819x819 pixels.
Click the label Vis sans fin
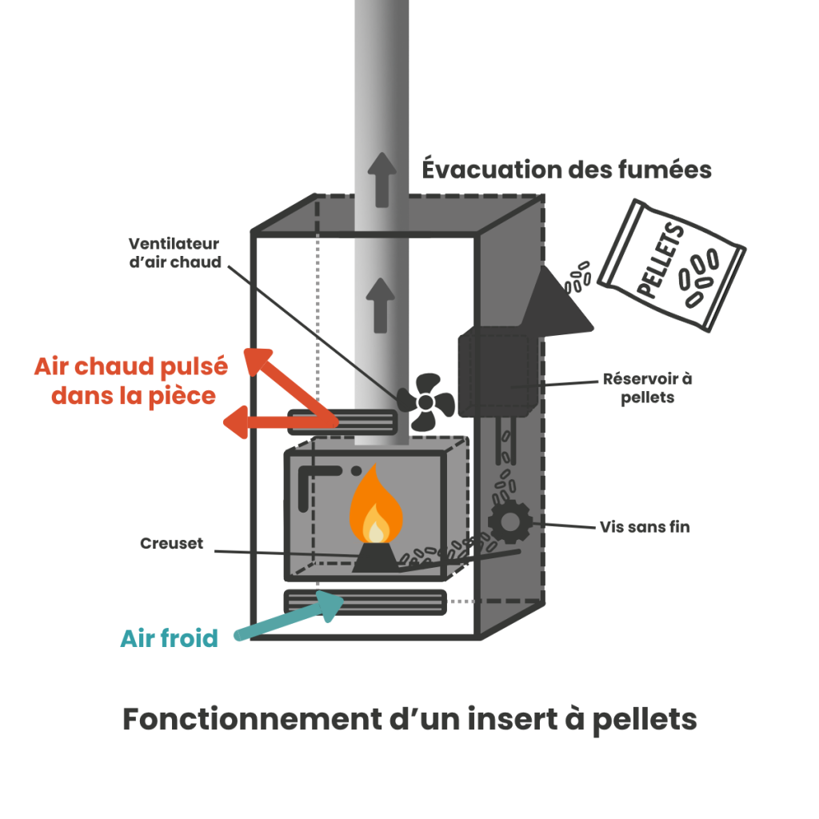[644, 527]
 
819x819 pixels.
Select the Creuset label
[171, 544]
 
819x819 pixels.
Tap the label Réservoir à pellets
[647, 387]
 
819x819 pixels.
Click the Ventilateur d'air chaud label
[174, 253]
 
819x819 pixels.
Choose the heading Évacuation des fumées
[566, 170]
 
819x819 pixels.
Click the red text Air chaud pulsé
[131, 367]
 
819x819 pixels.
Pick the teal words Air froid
[169, 639]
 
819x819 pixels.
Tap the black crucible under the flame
[374, 557]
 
